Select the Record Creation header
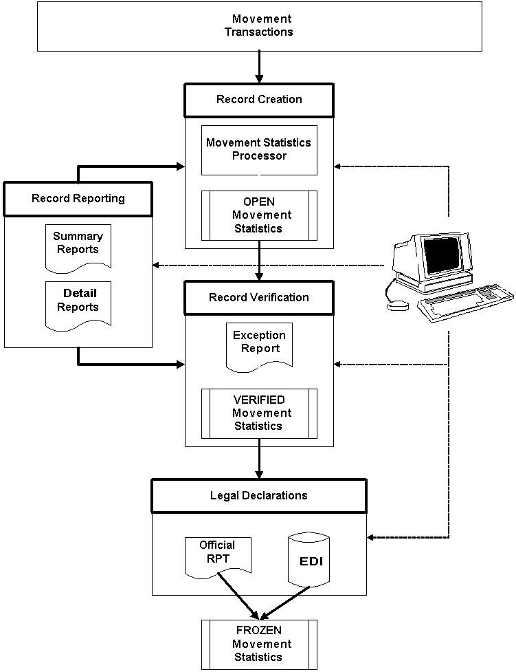(258, 100)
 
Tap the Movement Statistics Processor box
(258, 150)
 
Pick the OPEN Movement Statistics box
(258, 215)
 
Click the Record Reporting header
(78, 199)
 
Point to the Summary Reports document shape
(78, 246)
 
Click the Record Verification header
(258, 298)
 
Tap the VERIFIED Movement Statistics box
(258, 413)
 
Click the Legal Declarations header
(258, 496)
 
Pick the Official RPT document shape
(218, 554)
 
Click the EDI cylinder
(310, 560)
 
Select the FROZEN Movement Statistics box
(258, 644)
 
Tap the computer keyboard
(467, 303)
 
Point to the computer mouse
(399, 305)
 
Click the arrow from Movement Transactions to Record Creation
(259, 67)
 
